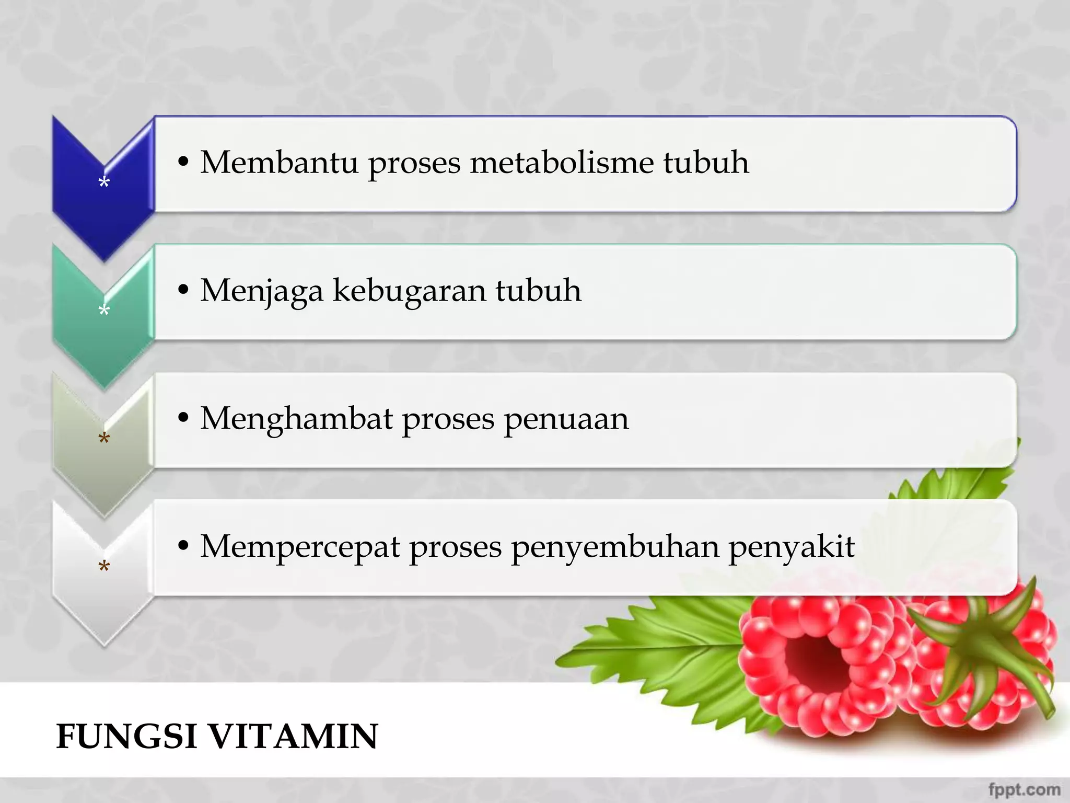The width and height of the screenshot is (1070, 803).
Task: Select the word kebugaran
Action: point(409,291)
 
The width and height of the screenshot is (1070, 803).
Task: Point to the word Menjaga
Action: point(261,291)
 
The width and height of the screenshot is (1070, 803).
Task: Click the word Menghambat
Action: point(296,419)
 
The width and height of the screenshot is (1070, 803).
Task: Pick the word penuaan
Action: point(566,419)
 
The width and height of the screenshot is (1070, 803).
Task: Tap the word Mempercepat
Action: point(300,547)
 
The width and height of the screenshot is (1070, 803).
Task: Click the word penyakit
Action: point(792,547)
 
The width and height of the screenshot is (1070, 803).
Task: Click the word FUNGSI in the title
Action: point(126,736)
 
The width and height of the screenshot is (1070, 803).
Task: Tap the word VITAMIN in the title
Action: point(294,736)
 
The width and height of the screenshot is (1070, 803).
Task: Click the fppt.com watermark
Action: point(1024,789)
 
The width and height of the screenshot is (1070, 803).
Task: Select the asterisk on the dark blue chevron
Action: point(104,182)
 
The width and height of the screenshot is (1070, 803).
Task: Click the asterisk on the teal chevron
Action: point(104,311)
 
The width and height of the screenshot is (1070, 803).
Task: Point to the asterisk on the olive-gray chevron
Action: point(104,438)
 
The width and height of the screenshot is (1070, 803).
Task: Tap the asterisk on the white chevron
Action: point(104,566)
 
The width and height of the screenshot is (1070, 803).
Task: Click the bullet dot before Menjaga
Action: point(183,290)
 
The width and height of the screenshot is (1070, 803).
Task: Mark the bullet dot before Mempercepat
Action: point(183,546)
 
